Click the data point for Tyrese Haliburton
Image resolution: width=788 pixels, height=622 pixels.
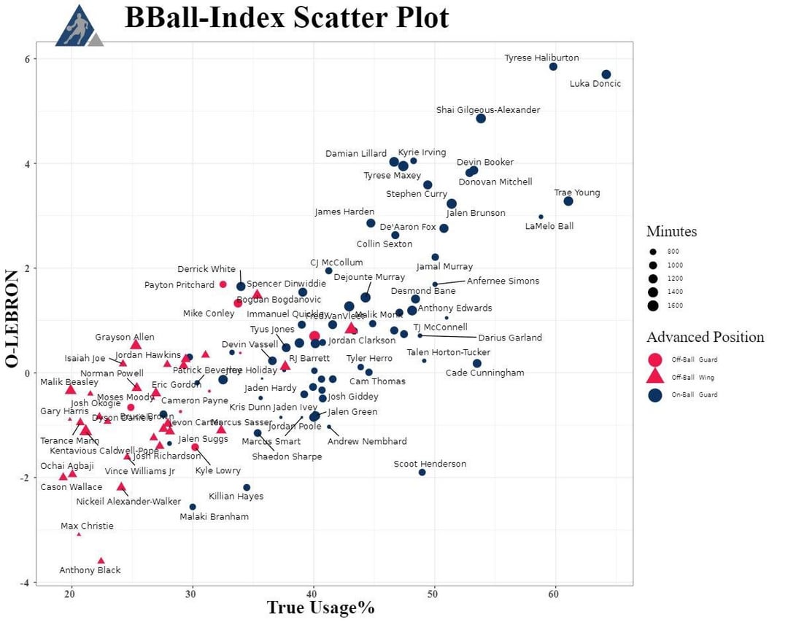click(x=553, y=66)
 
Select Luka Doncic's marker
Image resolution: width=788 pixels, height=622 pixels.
click(x=606, y=74)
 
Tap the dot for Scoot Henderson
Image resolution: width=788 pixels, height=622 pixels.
click(x=422, y=473)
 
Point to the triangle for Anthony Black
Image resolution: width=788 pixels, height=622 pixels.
click(x=101, y=560)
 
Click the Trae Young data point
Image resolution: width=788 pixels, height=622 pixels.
click(x=568, y=201)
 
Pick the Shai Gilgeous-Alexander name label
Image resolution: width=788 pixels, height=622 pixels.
click(x=488, y=110)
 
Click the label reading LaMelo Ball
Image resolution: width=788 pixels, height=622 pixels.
click(x=549, y=226)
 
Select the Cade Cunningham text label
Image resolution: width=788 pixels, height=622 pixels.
click(x=484, y=373)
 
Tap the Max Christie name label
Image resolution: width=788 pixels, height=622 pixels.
click(x=87, y=526)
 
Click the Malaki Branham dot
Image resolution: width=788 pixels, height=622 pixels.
click(x=193, y=507)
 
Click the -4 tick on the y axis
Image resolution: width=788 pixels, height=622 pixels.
click(x=26, y=583)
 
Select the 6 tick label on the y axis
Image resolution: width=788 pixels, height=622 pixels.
click(x=28, y=58)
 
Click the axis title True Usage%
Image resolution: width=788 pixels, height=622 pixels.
click(x=320, y=608)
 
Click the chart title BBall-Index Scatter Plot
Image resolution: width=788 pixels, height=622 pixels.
click(x=287, y=18)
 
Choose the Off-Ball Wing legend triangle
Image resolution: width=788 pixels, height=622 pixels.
click(x=655, y=376)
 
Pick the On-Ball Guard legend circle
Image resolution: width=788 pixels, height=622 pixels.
click(x=655, y=394)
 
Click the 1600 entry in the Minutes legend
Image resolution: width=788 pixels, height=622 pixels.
click(x=653, y=306)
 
